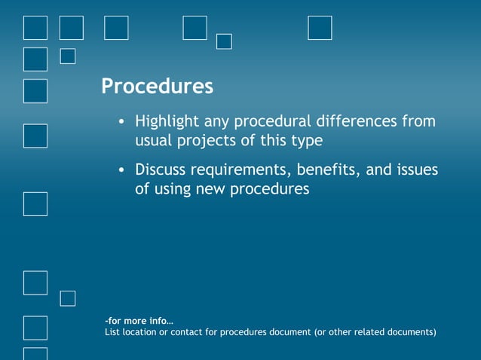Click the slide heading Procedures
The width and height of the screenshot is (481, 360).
click(x=157, y=87)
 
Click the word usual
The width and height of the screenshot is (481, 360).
click(x=153, y=140)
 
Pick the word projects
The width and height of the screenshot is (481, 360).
click(x=207, y=141)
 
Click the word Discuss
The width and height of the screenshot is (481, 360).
click(x=161, y=169)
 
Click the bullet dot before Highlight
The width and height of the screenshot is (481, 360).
click(x=121, y=122)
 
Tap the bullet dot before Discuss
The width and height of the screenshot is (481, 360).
click(x=121, y=170)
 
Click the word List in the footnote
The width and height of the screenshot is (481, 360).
click(x=112, y=332)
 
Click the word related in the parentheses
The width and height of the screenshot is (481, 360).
click(x=367, y=332)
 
